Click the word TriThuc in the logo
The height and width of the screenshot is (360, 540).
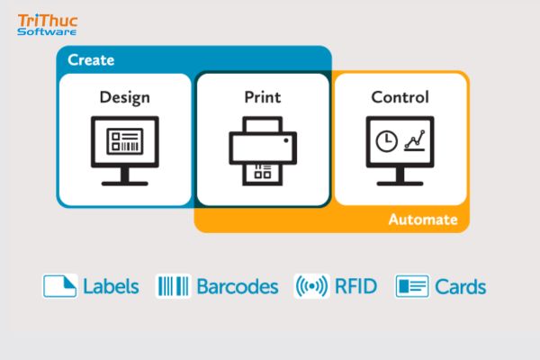tap(48, 21)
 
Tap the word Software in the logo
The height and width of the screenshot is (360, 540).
tap(47, 31)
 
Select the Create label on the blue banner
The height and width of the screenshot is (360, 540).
tap(91, 60)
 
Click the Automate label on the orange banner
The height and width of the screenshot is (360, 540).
tap(423, 220)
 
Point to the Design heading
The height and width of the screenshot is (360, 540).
tap(125, 97)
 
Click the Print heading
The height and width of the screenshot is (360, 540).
tap(263, 97)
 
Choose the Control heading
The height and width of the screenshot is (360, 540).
tap(400, 97)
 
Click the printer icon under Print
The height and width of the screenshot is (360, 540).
tap(263, 151)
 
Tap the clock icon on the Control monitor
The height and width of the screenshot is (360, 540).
tap(386, 141)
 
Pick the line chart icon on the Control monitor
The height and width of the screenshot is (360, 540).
tap(415, 140)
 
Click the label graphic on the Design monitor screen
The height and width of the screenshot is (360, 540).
tap(125, 141)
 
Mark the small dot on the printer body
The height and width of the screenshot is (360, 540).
tap(286, 140)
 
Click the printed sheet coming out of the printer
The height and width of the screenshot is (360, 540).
tap(263, 174)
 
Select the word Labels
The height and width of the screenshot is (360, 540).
tap(111, 286)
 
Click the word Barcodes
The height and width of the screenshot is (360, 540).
tap(238, 286)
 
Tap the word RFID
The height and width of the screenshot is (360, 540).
tap(355, 286)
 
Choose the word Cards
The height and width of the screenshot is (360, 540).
tap(461, 287)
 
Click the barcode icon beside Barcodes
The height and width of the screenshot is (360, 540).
tap(173, 286)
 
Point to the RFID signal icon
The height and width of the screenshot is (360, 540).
tap(311, 286)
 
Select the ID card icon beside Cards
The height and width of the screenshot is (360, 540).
tap(412, 286)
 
